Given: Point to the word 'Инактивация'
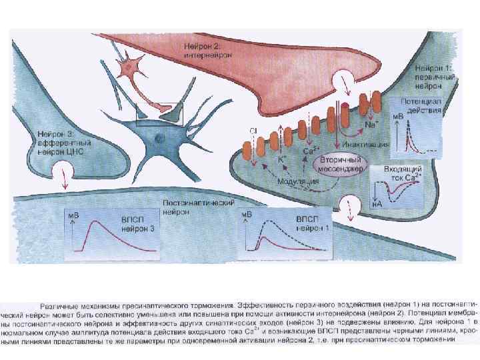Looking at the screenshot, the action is pyautogui.click(x=366, y=143).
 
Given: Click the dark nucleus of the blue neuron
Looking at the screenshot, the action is pyautogui.click(x=159, y=138).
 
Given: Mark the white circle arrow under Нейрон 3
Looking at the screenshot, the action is pyautogui.click(x=64, y=177).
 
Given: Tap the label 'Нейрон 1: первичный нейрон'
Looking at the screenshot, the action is pyautogui.click(x=435, y=77).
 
